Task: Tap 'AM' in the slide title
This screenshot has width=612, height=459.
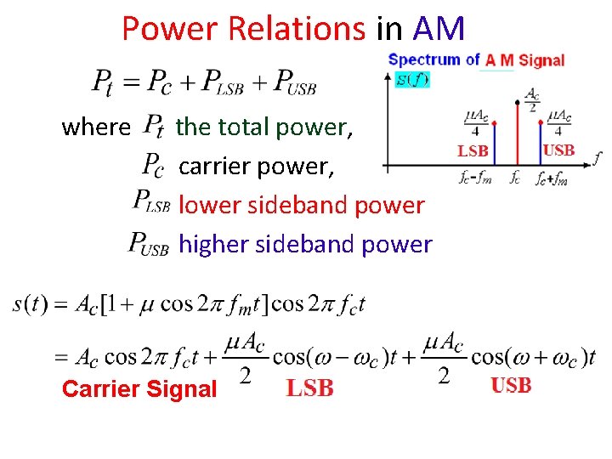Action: tap(439, 30)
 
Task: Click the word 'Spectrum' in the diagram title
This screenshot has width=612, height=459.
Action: tap(424, 59)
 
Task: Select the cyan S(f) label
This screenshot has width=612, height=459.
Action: tap(412, 80)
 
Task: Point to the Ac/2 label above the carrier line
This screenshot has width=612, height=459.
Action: tap(532, 100)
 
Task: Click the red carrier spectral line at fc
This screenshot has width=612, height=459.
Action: tap(518, 136)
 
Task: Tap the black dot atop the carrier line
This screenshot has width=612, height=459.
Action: tap(518, 102)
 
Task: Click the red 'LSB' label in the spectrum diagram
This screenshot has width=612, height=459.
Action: tap(473, 151)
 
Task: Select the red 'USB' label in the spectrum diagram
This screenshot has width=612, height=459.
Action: tap(558, 150)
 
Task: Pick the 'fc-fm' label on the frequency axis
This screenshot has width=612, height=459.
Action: tap(473, 179)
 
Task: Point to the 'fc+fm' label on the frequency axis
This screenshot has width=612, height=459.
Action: tap(552, 179)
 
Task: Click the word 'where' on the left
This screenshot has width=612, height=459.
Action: tap(96, 127)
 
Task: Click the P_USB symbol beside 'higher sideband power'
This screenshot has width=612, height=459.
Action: tap(150, 244)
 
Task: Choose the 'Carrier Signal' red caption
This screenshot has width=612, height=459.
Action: tap(139, 389)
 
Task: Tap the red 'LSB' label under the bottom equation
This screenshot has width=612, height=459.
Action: tap(309, 388)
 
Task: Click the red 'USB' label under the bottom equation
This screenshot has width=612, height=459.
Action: tap(511, 386)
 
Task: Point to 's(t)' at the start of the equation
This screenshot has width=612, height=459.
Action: tap(30, 304)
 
